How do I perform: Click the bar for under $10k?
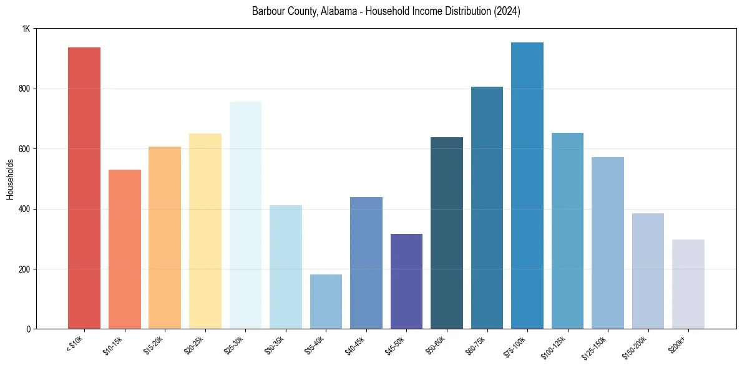coord(84,188)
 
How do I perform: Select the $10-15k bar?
coord(125,249)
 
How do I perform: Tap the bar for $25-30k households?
coord(245,215)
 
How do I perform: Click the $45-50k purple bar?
coord(406,281)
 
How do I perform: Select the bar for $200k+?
coord(688,284)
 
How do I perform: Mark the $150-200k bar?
coord(648,271)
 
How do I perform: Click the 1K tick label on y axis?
coord(26,29)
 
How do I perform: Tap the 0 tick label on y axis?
coord(28,329)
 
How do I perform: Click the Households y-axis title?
coord(10,179)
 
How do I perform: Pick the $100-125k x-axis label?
coord(556,346)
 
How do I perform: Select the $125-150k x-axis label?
coord(597,346)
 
